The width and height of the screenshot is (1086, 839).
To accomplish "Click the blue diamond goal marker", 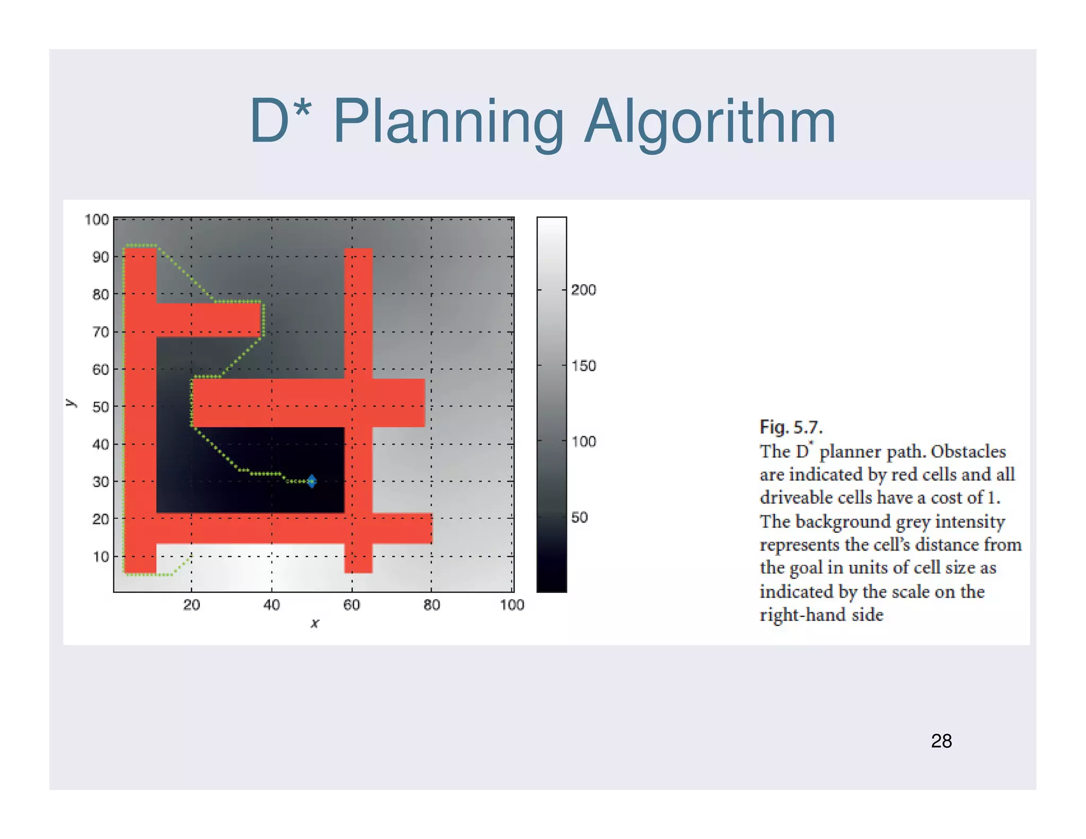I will coord(312,481).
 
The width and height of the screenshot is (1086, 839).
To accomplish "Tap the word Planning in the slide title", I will coord(448,123).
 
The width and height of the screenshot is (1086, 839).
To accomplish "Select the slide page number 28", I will coord(941,741).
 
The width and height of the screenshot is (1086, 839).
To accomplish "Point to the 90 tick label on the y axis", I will coord(101,257).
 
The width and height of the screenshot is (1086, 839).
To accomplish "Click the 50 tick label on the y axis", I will coord(101,407).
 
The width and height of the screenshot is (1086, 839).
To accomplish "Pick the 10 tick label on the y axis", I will coord(101,557).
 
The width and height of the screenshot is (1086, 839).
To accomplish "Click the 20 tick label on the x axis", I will coord(191,605).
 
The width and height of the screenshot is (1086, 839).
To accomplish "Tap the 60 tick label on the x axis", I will coord(352,605).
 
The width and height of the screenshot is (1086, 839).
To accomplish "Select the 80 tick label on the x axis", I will coord(432,605).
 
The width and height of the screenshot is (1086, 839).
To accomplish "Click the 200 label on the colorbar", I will coord(583,290).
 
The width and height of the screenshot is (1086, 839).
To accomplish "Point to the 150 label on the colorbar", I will coord(583,365).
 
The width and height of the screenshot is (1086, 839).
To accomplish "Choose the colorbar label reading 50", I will coord(580,517).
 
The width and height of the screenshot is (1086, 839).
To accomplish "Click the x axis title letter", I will coord(315,624).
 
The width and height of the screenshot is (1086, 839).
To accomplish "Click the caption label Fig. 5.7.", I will coord(791,427).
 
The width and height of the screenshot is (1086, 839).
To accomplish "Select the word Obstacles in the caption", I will coord(968,451).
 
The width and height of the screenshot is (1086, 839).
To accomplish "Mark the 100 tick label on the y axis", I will coord(97,220).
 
